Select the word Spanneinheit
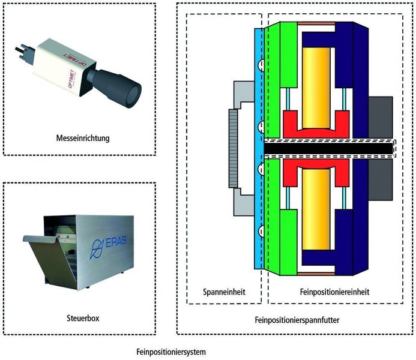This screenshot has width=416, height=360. click(x=223, y=292)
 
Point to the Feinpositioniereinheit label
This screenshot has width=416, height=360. click(x=334, y=292)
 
